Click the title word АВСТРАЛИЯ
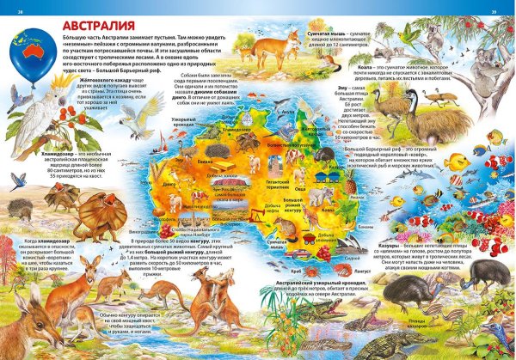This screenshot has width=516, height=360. tap(97, 22)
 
